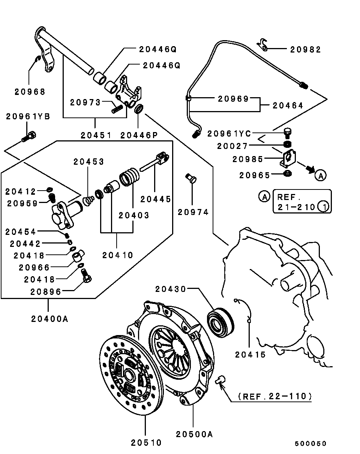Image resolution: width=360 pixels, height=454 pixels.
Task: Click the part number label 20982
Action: point(305,50)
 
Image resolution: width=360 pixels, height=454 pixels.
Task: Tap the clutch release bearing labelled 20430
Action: point(220,322)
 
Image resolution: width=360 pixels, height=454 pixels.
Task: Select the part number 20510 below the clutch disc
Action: point(146,443)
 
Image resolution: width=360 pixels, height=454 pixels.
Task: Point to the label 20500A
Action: point(194,434)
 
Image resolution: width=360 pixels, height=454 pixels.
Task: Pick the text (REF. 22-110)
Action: point(275,396)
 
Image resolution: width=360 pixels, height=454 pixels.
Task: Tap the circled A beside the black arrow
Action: point(321,175)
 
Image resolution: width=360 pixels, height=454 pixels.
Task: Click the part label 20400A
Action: point(49,319)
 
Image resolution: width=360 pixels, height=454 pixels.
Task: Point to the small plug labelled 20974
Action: point(191,178)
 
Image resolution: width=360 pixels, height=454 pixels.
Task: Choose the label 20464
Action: point(288,105)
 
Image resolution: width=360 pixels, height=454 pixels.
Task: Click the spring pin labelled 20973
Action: point(117,109)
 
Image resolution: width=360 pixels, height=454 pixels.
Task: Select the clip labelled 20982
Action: point(262,45)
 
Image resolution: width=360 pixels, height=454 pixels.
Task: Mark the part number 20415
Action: point(250,355)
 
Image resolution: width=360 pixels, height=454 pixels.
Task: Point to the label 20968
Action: point(30,92)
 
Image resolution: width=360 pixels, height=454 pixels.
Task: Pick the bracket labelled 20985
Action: point(288,158)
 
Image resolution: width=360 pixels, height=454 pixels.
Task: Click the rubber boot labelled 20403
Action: point(129,177)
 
